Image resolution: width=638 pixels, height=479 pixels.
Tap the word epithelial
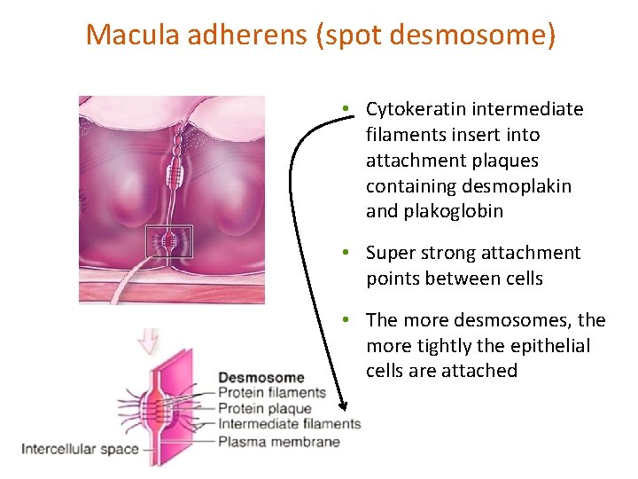(x=556, y=345)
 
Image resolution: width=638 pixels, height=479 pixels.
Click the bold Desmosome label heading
(x=261, y=378)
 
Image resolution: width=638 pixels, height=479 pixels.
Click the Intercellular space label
(x=80, y=449)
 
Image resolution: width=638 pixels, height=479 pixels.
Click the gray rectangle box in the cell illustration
(x=168, y=242)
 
